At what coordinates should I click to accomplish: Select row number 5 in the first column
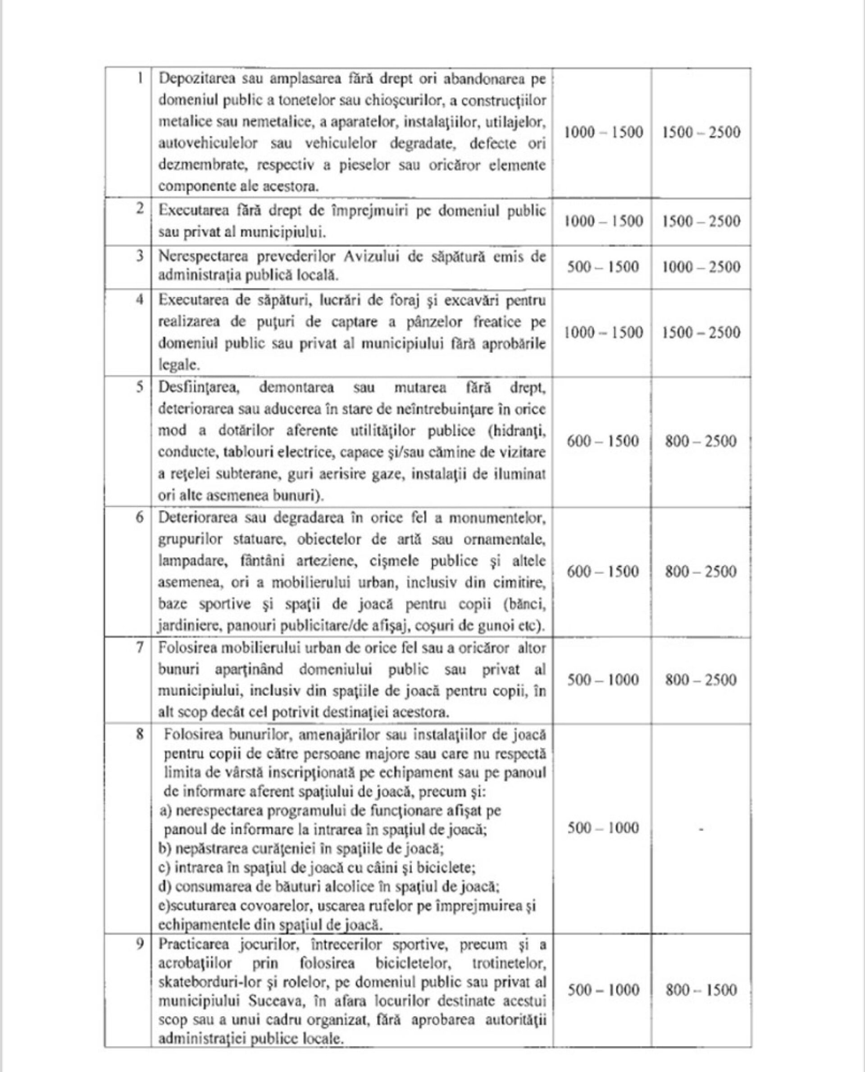coord(141,387)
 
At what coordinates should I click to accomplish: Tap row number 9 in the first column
coord(141,944)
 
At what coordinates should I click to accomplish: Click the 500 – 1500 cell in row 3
coord(603,267)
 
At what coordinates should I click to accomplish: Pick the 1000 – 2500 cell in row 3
coord(701,267)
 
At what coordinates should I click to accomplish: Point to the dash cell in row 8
coord(701,829)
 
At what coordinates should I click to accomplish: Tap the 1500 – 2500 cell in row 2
coord(701,221)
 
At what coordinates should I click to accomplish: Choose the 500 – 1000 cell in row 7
coord(603,680)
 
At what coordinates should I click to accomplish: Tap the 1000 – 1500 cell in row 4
coord(603,333)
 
